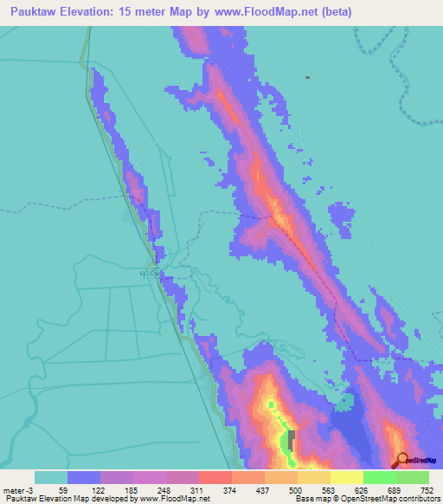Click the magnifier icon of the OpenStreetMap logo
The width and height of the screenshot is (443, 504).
[401, 462]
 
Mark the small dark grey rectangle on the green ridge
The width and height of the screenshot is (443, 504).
[292, 436]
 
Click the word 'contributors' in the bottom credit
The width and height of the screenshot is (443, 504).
[418, 499]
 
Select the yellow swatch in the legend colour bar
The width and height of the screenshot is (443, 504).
[313, 477]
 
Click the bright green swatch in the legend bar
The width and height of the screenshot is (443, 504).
[379, 477]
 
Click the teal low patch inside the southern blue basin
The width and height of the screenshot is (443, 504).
[348, 402]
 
